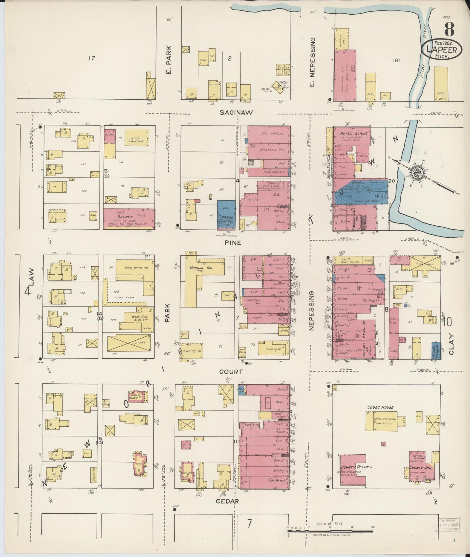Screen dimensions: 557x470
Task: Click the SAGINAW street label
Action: (235, 112)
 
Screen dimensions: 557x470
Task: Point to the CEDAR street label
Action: (228, 501)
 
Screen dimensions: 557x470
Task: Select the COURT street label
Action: (231, 371)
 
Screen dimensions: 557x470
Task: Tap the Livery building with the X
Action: (129, 343)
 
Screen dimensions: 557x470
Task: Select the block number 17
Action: (92, 59)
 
